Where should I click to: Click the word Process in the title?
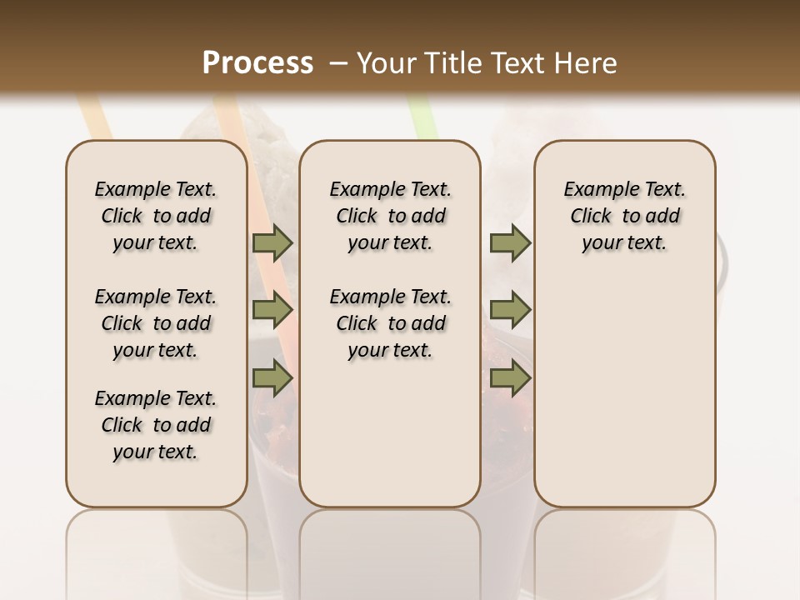tap(257, 63)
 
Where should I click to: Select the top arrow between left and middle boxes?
tap(272, 242)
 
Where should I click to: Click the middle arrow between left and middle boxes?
tap(272, 310)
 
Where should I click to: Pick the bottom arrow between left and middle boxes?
tap(272, 377)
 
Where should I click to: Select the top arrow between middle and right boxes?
tap(510, 242)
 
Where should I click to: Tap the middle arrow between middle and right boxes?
tap(510, 310)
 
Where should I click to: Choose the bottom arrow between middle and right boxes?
tap(510, 377)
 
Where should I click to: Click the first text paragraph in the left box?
tap(156, 216)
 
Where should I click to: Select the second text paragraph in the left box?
tap(156, 323)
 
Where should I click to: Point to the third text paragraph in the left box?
tap(156, 425)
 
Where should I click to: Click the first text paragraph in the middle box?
tap(390, 216)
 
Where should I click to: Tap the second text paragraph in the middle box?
tap(390, 323)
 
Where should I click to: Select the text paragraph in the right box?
tap(625, 216)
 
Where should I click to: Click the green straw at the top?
tap(422, 117)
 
